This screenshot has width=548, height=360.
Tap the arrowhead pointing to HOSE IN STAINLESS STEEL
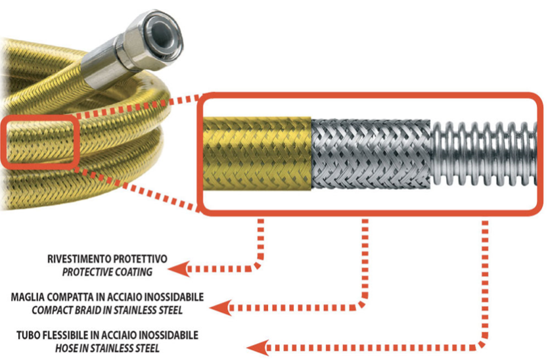[x=256, y=347]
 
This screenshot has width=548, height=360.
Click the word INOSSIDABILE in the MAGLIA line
[x=171, y=297]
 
